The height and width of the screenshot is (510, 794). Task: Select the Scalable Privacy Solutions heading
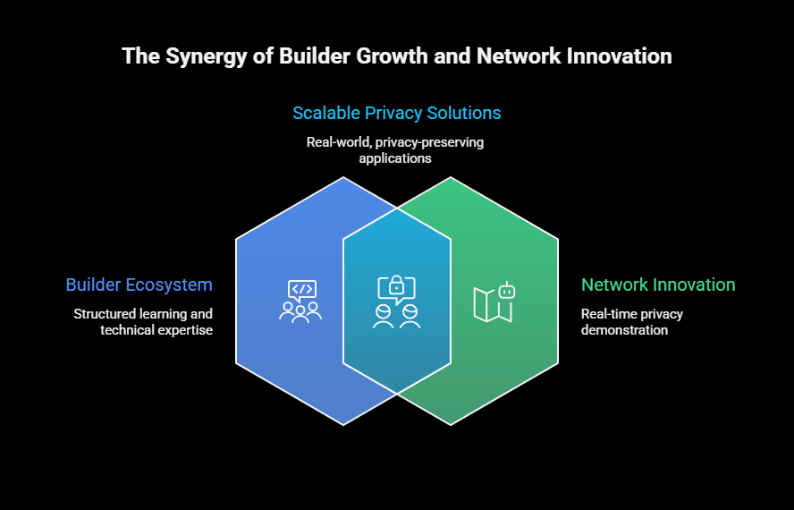click(x=397, y=114)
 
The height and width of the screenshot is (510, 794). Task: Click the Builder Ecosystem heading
click(x=139, y=285)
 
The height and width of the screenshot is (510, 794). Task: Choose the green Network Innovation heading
click(x=658, y=285)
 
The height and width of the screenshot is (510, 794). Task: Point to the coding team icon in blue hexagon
click(x=300, y=301)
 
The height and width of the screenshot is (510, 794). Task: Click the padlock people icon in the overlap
click(x=397, y=301)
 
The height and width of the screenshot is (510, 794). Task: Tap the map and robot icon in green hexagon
click(x=494, y=302)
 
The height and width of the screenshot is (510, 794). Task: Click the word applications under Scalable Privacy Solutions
click(x=395, y=158)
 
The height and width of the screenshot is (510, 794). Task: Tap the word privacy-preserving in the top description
click(x=435, y=142)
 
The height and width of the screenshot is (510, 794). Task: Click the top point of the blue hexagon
click(x=343, y=177)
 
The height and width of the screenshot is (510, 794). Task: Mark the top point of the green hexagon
click(x=451, y=177)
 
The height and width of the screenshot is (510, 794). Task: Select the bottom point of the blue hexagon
click(x=343, y=425)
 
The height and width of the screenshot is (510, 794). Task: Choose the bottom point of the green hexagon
click(x=451, y=425)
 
